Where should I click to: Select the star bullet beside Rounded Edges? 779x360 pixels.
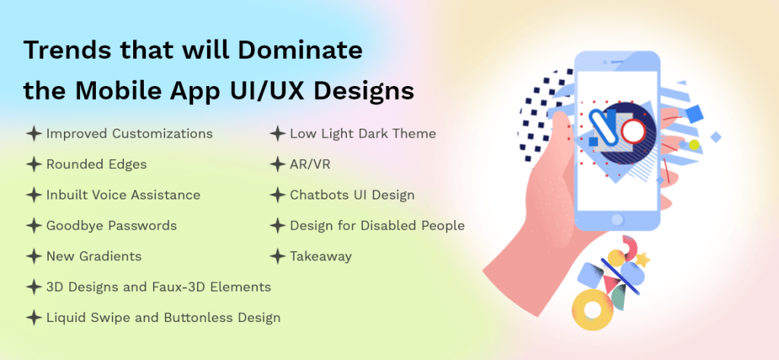(x=33, y=164)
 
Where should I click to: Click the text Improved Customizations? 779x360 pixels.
(x=129, y=134)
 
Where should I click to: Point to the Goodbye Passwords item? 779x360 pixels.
(x=111, y=226)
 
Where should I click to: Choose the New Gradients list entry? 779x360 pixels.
(x=94, y=256)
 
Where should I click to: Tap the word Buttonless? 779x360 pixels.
(x=197, y=317)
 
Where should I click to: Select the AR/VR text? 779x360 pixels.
(x=310, y=164)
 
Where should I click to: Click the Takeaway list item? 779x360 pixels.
(x=321, y=256)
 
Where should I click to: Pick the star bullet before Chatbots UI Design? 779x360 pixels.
(x=277, y=195)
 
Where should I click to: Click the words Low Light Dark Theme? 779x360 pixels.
(x=363, y=134)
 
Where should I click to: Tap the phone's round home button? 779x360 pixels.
(x=617, y=220)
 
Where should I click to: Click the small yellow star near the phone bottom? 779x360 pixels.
(x=643, y=260)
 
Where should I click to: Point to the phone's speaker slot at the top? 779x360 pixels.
(x=618, y=62)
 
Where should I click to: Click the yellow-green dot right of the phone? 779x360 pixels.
(x=694, y=145)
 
